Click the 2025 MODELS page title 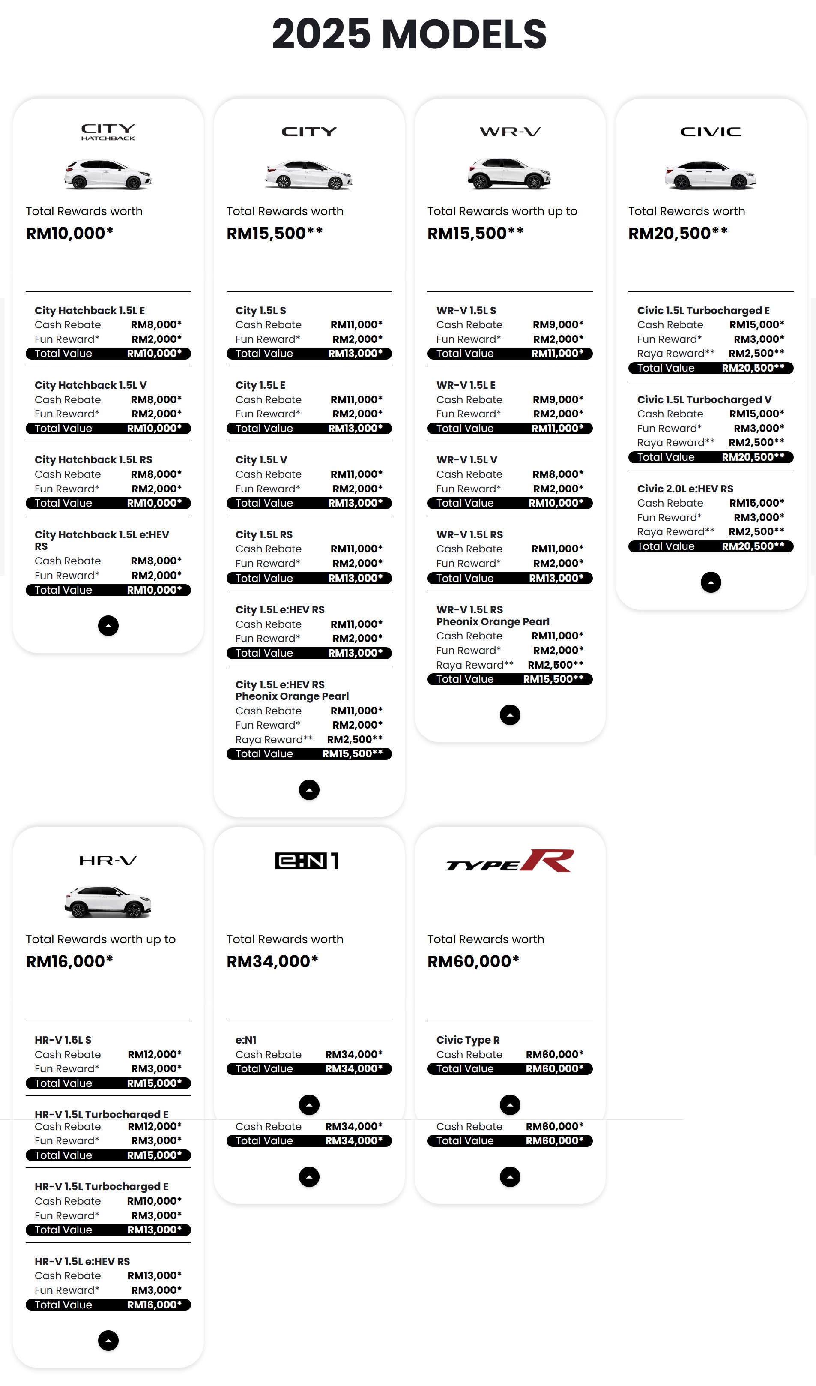[x=409, y=34]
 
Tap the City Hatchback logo [x=108, y=132]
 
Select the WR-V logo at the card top [x=510, y=132]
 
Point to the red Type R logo [x=510, y=861]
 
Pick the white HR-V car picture [x=108, y=902]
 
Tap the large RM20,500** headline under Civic [x=678, y=233]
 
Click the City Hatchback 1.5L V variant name [x=91, y=385]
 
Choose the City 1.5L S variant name [x=260, y=311]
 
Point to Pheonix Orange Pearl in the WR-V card [x=493, y=621]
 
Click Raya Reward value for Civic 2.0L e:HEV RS [x=756, y=531]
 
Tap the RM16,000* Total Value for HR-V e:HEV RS [x=154, y=1305]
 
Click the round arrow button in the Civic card [x=711, y=582]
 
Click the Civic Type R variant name [x=468, y=1040]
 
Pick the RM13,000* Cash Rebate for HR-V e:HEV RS [x=154, y=1275]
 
